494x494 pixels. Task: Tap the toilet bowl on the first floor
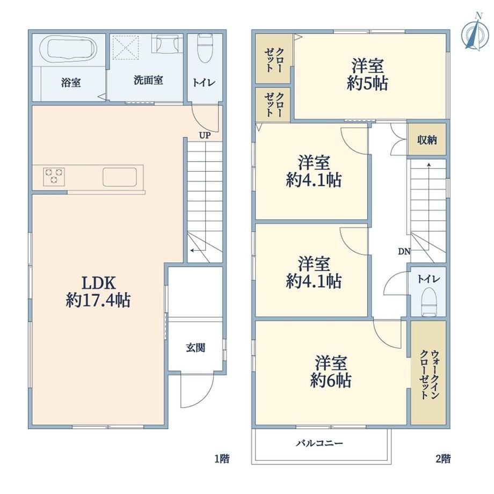click(205, 48)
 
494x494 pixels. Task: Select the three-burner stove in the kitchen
click(54, 177)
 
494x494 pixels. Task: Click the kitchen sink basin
click(120, 177)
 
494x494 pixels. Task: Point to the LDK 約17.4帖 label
click(98, 292)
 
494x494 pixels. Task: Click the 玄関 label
click(195, 348)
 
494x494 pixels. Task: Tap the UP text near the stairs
click(205, 135)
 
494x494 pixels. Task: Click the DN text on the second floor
click(404, 251)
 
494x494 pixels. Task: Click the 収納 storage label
click(427, 140)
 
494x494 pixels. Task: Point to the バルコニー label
click(319, 444)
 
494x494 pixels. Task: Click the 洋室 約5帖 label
click(367, 75)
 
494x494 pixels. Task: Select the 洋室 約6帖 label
click(331, 372)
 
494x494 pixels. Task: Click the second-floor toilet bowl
click(429, 302)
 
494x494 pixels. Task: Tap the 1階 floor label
click(222, 459)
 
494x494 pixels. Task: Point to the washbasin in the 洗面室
click(167, 43)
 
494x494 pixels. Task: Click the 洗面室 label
click(148, 81)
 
